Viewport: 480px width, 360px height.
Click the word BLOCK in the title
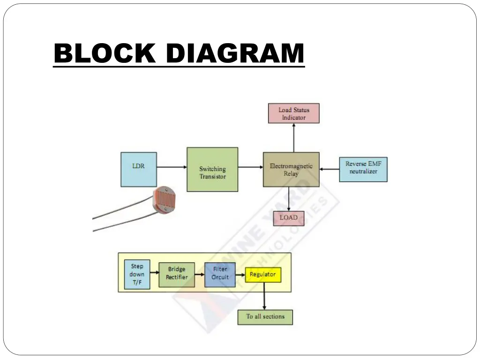coord(104,53)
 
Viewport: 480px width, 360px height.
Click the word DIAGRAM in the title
coord(235,53)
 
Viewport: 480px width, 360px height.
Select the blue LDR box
coord(138,169)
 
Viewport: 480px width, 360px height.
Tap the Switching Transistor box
coord(212,169)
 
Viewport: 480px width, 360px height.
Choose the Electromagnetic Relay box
coord(291,169)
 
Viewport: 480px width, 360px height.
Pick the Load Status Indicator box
coord(293,113)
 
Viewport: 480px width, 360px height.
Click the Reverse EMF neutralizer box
coord(363,169)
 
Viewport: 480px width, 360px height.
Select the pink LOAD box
coord(288,218)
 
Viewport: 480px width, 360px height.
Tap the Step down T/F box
coord(137,274)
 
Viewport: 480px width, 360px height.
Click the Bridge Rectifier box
coord(176,274)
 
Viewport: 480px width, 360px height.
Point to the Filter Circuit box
coord(220,274)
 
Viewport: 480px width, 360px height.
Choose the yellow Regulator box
coord(263,274)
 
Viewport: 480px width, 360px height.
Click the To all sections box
coord(265,317)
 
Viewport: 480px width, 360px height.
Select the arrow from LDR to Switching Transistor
coord(171,166)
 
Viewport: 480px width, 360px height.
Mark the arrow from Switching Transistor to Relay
coord(250,166)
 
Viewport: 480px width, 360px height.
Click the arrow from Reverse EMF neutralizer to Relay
coord(329,169)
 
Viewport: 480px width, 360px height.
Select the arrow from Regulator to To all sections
coord(264,296)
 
